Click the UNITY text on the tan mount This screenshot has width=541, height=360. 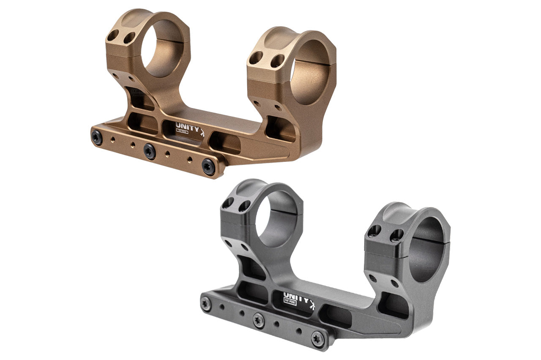coord(186,127)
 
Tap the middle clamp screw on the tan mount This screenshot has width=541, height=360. coord(150,150)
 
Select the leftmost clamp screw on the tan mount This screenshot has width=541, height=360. coord(97,138)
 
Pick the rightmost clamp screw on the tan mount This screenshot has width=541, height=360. coord(208,166)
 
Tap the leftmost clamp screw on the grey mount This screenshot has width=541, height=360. coord(206,304)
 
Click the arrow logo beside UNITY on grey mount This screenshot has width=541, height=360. coord(312,303)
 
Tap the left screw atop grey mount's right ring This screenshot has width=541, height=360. coord(374,231)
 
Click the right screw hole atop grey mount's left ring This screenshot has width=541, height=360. coord(244,206)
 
